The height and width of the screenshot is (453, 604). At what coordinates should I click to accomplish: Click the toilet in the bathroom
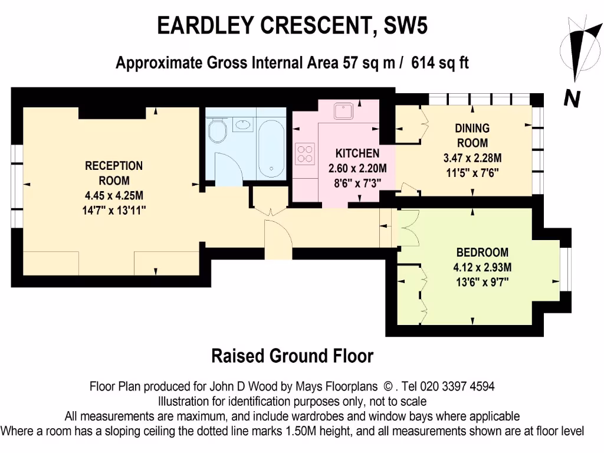[218, 130]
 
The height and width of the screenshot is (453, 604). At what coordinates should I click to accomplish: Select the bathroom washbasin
[242, 124]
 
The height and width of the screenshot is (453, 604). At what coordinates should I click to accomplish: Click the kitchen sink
[342, 111]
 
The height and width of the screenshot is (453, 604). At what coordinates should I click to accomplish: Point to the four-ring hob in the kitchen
[305, 153]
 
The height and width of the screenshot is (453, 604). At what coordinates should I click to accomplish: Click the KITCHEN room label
[353, 153]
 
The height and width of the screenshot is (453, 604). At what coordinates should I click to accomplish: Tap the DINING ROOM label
[472, 135]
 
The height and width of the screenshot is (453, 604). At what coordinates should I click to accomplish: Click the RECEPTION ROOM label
[114, 173]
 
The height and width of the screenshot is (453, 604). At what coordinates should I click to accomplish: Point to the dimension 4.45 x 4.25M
[114, 195]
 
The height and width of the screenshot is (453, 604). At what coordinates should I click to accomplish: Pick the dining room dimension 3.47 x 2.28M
[472, 158]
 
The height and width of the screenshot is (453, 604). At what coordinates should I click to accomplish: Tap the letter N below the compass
[571, 99]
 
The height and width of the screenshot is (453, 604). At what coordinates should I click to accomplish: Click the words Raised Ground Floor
[292, 356]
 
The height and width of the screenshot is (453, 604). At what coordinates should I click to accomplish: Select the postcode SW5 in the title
[405, 27]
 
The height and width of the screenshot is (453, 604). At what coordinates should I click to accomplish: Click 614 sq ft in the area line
[440, 63]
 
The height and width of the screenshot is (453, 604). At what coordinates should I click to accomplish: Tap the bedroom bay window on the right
[564, 268]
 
